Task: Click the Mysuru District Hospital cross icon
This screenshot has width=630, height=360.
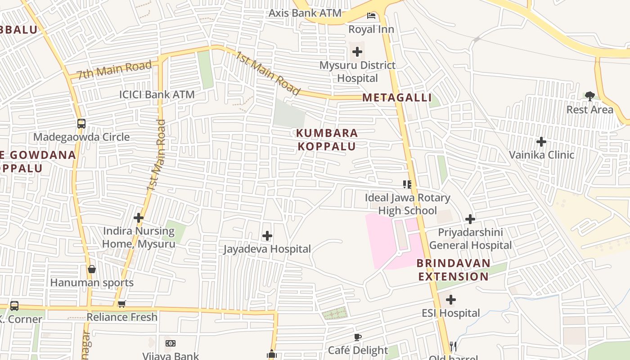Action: click(357, 52)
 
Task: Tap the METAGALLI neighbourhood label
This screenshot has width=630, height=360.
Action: click(397, 98)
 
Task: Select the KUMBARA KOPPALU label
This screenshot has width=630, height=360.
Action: click(327, 139)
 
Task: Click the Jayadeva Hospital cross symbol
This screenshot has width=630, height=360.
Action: click(267, 236)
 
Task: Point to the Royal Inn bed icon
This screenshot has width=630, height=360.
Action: click(371, 16)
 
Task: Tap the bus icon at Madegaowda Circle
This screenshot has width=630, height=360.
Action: click(81, 124)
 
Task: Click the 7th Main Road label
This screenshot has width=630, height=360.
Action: click(114, 70)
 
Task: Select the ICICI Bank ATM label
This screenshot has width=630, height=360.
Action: click(157, 94)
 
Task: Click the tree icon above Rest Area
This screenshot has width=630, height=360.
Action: click(590, 96)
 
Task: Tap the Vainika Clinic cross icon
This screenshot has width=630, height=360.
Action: click(541, 142)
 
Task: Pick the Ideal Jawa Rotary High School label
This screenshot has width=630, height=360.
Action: click(407, 204)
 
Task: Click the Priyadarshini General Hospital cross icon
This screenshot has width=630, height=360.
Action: click(470, 219)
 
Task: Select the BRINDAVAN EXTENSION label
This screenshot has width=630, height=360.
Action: click(453, 270)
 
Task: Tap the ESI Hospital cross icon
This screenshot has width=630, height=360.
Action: click(451, 300)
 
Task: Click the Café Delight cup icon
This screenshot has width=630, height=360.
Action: click(358, 337)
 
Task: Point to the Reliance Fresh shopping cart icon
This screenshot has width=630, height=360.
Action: click(122, 304)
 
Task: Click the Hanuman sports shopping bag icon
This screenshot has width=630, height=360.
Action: click(92, 269)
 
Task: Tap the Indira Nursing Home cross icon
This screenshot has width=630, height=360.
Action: click(139, 218)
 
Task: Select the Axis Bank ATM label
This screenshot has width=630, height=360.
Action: click(305, 13)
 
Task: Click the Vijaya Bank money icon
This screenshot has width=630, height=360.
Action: click(170, 343)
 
